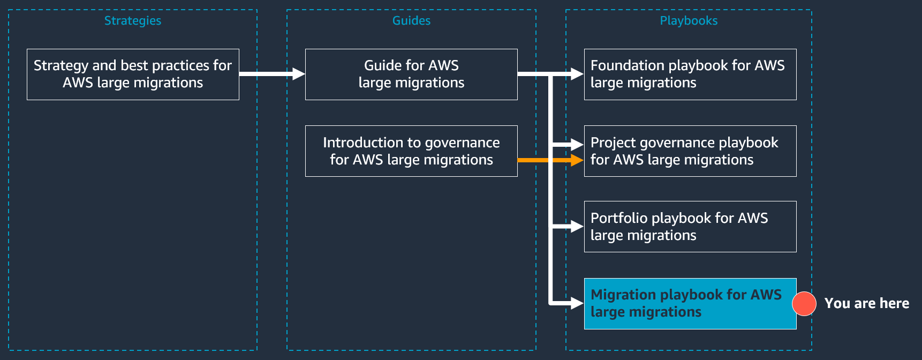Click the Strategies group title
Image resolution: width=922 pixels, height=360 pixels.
pyautogui.click(x=132, y=20)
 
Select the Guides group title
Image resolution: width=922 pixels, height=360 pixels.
pyautogui.click(x=411, y=20)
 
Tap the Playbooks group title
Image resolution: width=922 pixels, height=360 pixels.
pyautogui.click(x=689, y=20)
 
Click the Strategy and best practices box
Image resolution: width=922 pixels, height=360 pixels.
pyautogui.click(x=133, y=74)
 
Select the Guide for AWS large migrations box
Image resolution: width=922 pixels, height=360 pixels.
pyautogui.click(x=411, y=74)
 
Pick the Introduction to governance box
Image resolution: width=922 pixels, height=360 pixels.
pyautogui.click(x=411, y=151)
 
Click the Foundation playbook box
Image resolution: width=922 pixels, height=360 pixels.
pyautogui.click(x=690, y=74)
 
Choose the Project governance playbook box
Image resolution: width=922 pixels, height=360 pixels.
pyautogui.click(x=690, y=151)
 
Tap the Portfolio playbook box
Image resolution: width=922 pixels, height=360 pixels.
pyautogui.click(x=690, y=227)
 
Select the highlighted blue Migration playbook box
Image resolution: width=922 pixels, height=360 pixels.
pyautogui.click(x=690, y=304)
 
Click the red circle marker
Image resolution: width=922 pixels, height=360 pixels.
pyautogui.click(x=804, y=304)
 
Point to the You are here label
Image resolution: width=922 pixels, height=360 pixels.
pyautogui.click(x=866, y=303)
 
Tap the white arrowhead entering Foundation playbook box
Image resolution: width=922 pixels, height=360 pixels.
pyautogui.click(x=577, y=74)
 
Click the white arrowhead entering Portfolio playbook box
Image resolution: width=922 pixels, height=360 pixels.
pyautogui.click(x=577, y=227)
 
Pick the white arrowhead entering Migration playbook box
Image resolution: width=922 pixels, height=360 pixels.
pyautogui.click(x=577, y=304)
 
